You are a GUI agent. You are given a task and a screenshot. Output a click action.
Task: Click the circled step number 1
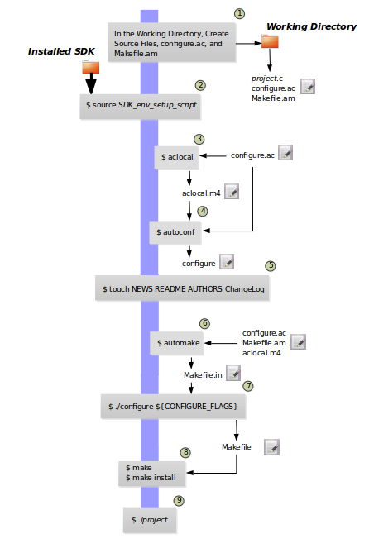pyautogui.click(x=239, y=13)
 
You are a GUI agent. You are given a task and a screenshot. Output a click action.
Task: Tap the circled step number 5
pyautogui.click(x=271, y=266)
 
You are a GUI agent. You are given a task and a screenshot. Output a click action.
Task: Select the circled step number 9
pyautogui.click(x=179, y=500)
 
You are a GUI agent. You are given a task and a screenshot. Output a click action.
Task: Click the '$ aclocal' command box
pyautogui.click(x=177, y=157)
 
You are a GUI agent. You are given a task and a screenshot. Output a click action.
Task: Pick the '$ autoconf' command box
pyautogui.click(x=175, y=232)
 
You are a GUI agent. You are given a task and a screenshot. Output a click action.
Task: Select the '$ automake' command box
pyautogui.click(x=177, y=343)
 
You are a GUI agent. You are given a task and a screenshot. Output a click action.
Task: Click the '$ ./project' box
pyautogui.click(x=150, y=520)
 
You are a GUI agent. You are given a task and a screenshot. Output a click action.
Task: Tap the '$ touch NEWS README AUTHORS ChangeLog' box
pyautogui.click(x=182, y=288)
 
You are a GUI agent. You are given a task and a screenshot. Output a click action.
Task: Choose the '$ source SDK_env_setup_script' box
pyautogui.click(x=141, y=107)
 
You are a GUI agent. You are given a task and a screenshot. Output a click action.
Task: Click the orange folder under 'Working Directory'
pyautogui.click(x=270, y=41)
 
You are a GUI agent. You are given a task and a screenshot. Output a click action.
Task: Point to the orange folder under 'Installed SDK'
pyautogui.click(x=91, y=67)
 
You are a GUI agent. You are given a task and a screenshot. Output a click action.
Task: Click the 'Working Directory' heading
pyautogui.click(x=311, y=26)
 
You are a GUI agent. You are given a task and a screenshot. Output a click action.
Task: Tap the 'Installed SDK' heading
pyautogui.click(x=61, y=51)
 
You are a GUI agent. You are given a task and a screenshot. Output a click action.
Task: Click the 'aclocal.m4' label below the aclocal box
pyautogui.click(x=201, y=193)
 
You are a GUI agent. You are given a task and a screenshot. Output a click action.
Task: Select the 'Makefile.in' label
pyautogui.click(x=203, y=375)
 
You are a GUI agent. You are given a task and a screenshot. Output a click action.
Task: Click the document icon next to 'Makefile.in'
pyautogui.click(x=233, y=373)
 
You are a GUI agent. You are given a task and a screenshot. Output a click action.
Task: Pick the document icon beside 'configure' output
pyautogui.click(x=227, y=262)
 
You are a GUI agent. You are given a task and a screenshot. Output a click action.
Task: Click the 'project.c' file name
pyautogui.click(x=267, y=79)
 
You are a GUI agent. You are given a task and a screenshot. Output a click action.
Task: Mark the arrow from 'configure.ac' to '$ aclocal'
pyautogui.click(x=213, y=156)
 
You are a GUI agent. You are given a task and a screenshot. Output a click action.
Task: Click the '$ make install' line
pyautogui.click(x=151, y=478)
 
